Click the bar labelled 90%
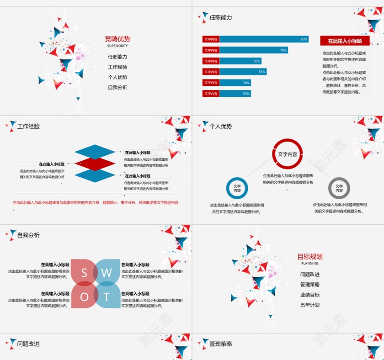[264, 39]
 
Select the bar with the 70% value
[254, 50]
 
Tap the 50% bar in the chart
[240, 61]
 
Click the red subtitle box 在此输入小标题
[345, 41]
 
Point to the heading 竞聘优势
[117, 39]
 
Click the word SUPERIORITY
[117, 46]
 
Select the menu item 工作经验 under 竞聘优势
[117, 67]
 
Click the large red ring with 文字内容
[288, 154]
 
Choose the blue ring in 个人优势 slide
[237, 188]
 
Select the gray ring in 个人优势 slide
[339, 188]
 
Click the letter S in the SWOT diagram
[84, 273]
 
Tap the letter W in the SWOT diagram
[107, 273]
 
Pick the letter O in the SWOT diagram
[84, 297]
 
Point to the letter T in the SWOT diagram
[107, 297]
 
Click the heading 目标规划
[310, 257]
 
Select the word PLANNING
[310, 264]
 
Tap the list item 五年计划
[310, 305]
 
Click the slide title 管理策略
[221, 344]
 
